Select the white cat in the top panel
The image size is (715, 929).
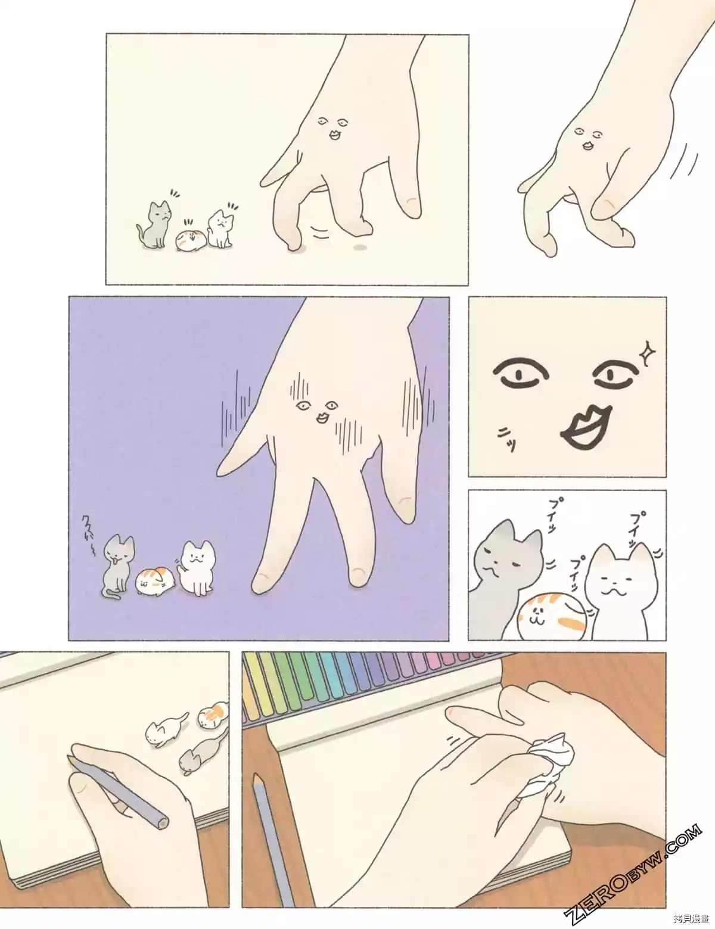click(x=220, y=228)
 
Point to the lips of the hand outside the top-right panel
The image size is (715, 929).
click(x=589, y=144)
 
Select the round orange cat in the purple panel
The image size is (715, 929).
click(x=155, y=582)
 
